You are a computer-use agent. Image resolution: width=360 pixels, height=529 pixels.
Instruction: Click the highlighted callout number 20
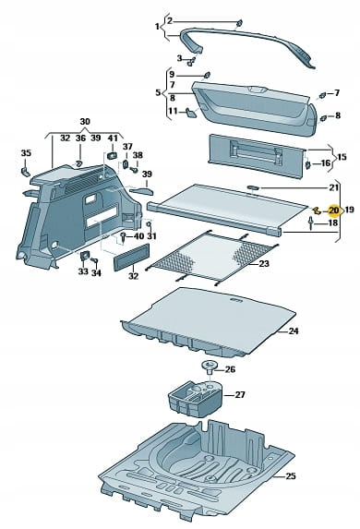(x=333, y=210)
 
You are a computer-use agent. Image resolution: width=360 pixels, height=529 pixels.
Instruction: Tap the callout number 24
(x=294, y=331)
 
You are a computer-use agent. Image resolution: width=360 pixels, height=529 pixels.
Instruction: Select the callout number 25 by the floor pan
(x=291, y=476)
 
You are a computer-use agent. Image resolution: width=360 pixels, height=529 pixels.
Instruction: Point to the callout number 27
(x=240, y=394)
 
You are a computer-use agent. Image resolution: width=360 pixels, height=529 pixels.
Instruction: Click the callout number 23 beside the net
(x=264, y=263)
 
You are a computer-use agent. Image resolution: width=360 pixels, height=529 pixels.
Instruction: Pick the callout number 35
(x=26, y=153)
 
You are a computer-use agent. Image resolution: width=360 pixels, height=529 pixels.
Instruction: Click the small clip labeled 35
(x=26, y=172)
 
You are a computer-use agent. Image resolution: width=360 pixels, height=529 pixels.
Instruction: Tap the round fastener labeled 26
(x=210, y=367)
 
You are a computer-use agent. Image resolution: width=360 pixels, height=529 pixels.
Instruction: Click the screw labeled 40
(x=124, y=237)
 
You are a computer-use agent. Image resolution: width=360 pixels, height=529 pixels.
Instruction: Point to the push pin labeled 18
(x=311, y=223)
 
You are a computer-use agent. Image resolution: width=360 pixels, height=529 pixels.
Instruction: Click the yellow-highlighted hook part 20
(x=317, y=210)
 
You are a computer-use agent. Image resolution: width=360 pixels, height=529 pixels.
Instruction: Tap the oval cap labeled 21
(x=253, y=187)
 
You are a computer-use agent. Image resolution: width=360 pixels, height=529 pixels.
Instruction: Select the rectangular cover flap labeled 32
(x=131, y=257)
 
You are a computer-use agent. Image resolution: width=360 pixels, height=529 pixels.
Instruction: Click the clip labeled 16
(x=307, y=164)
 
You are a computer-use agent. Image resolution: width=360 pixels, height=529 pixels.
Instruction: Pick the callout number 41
(x=113, y=138)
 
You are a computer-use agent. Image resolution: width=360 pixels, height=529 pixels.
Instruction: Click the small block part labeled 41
(x=112, y=155)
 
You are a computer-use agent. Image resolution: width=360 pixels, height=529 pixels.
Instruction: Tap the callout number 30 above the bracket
(x=85, y=122)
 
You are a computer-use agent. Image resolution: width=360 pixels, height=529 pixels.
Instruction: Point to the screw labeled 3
(x=191, y=62)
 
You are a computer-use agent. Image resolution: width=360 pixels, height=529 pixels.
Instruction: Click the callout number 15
(x=342, y=157)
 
